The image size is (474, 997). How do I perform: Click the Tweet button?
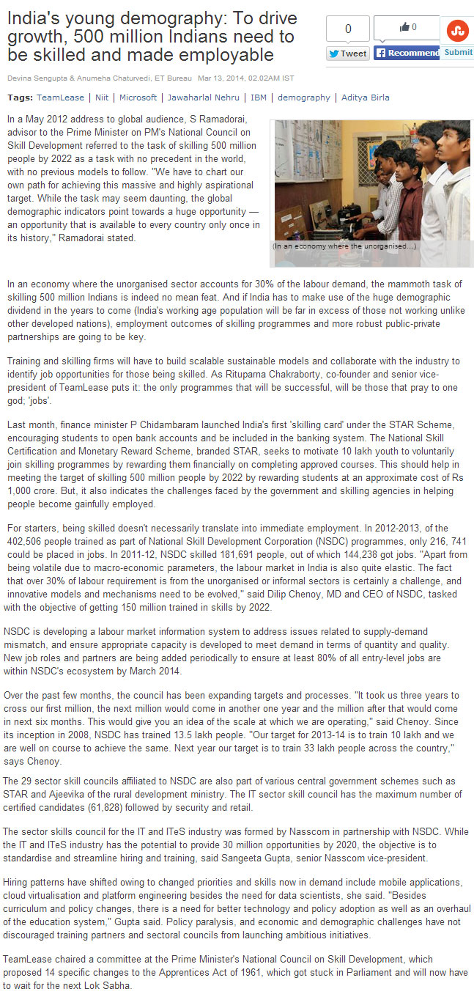tap(348, 54)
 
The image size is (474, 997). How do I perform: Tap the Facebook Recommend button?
tap(407, 53)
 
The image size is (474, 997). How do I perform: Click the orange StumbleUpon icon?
tap(458, 30)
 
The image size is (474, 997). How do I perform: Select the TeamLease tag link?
tap(60, 98)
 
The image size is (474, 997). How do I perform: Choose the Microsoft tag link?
tap(138, 98)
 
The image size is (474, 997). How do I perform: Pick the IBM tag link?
tap(259, 98)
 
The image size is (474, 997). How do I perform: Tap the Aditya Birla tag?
tap(366, 98)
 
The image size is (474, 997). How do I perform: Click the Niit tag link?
tap(101, 98)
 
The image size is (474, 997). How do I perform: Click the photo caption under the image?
tap(344, 246)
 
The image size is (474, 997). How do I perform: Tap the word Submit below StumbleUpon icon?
tap(459, 52)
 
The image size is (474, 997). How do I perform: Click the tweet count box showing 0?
tap(348, 29)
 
